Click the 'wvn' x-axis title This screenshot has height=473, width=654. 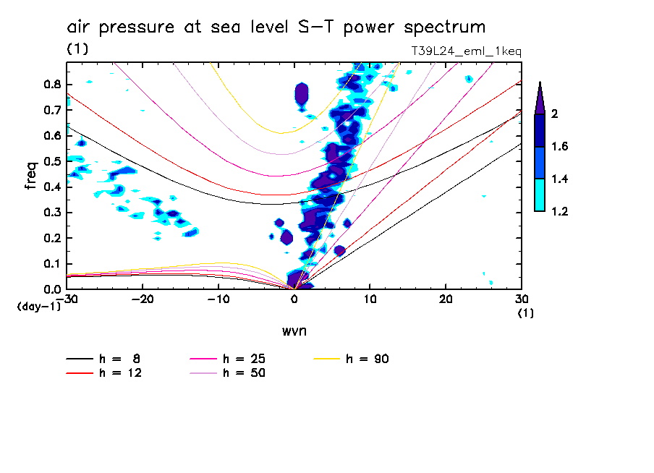point(294,331)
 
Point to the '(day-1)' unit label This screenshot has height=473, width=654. point(38,307)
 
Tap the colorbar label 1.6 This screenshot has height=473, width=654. point(560,147)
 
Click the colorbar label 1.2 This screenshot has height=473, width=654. point(560,211)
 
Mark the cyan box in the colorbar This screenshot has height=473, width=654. point(539,195)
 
